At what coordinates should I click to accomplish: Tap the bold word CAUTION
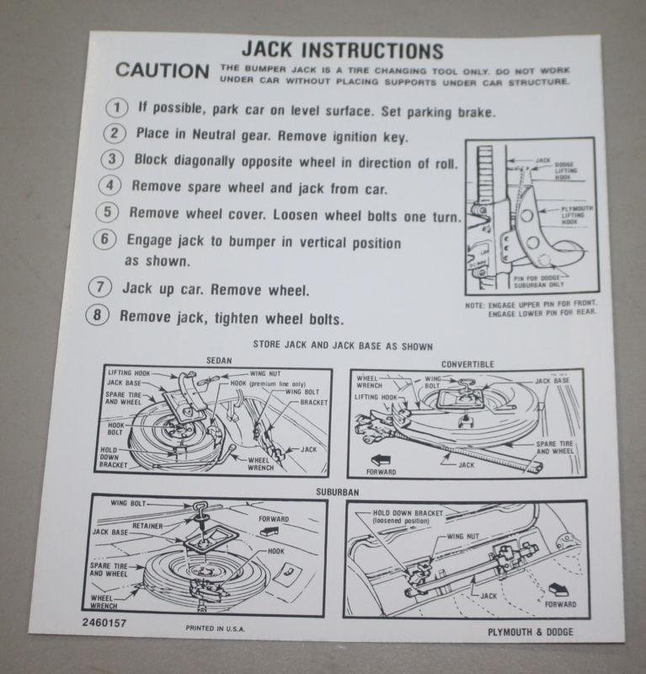[163, 71]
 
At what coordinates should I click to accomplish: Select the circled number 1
[115, 108]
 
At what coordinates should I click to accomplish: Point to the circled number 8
[99, 318]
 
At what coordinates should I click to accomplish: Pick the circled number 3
[113, 160]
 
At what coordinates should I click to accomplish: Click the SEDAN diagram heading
[219, 361]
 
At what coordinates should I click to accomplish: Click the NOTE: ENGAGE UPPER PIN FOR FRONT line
[528, 305]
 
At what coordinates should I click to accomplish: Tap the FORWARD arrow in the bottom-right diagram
[557, 591]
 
